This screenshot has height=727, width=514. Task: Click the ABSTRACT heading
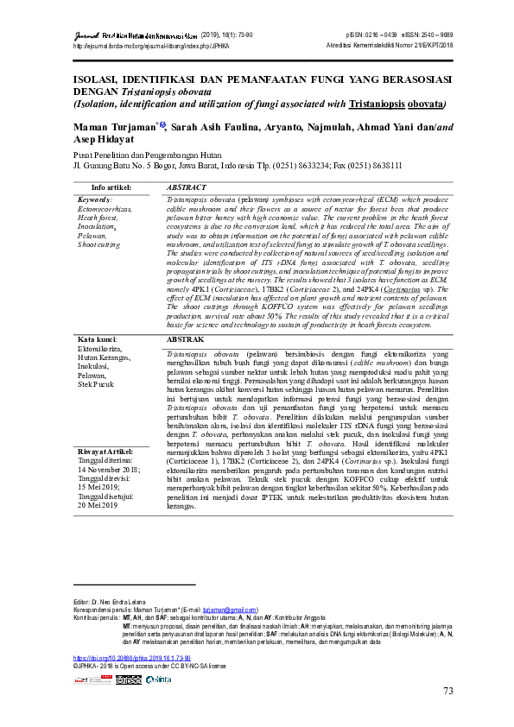point(186,186)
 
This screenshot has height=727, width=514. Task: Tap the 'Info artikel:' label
point(111,186)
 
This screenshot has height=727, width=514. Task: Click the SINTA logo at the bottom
point(159,680)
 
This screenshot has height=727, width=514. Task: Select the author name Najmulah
point(341,128)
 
